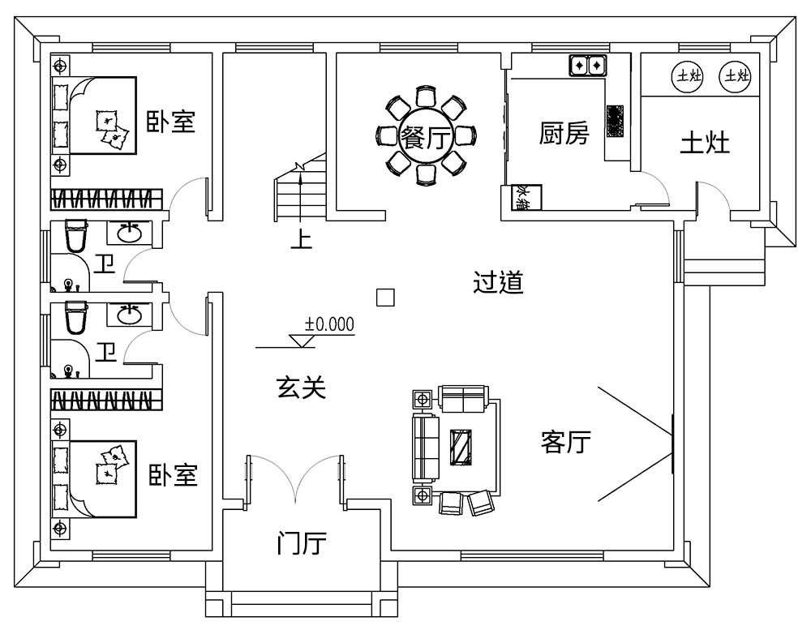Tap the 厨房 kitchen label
click(564, 134)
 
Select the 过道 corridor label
click(498, 283)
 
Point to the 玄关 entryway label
click(301, 388)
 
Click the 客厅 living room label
click(565, 442)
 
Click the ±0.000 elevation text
click(329, 324)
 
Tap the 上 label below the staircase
click(301, 240)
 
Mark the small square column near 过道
click(386, 298)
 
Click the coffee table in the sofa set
click(461, 446)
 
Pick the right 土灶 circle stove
click(736, 76)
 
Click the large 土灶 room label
click(704, 143)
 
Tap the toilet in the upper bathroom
click(75, 237)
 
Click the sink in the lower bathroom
click(129, 314)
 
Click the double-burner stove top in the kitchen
click(588, 64)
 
